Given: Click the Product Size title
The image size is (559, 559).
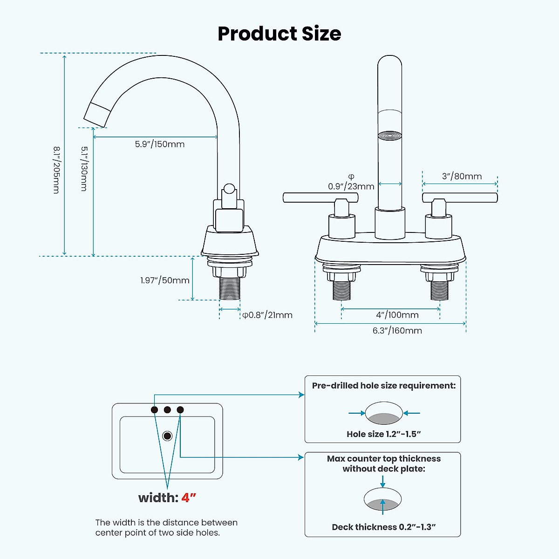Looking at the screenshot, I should tap(279, 34).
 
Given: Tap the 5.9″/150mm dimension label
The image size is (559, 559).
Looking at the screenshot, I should tap(160, 144).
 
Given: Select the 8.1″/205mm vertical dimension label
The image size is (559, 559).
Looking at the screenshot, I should tap(56, 170).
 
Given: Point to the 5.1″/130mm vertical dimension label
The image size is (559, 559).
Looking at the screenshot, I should tap(84, 169).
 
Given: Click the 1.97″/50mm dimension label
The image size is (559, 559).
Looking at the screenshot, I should tap(165, 280).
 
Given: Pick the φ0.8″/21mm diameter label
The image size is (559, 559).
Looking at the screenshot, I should tap(267, 315).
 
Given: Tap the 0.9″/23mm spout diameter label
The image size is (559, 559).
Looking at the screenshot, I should tap(351, 186).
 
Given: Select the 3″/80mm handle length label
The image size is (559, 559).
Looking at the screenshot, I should tap(462, 177).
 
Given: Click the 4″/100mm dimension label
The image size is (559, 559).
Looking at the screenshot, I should tap(397, 315).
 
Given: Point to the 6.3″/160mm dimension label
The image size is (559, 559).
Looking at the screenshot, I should tap(397, 331).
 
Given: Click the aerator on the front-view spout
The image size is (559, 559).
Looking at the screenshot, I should tap(389, 136).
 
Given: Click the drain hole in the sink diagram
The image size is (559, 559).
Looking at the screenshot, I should tap(167, 436).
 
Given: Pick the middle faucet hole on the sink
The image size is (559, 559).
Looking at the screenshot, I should tap(167, 410).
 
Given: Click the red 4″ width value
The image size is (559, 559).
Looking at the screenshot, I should tap(189, 498).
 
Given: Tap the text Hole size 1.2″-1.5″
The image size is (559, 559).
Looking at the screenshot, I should tap(383, 434).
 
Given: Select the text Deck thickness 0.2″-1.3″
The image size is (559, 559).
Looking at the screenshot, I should tap(383, 527).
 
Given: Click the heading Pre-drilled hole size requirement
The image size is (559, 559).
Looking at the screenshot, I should tap(383, 386).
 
